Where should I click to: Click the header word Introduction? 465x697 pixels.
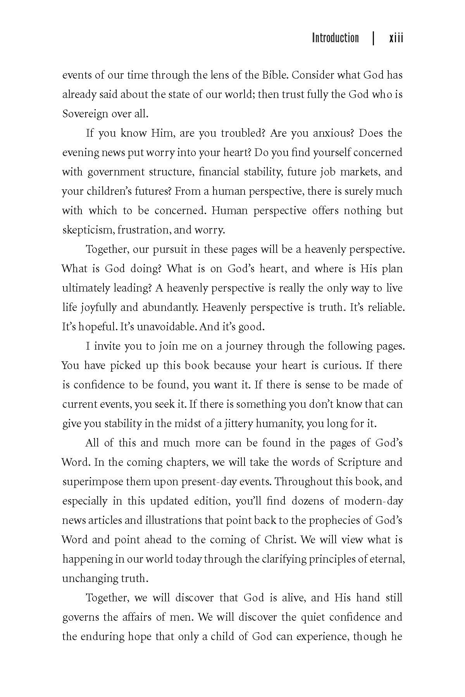tap(335, 38)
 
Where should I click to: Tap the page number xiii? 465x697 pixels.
tap(396, 38)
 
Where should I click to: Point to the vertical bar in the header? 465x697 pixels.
tap(373, 38)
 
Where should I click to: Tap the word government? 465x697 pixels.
tap(114, 172)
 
